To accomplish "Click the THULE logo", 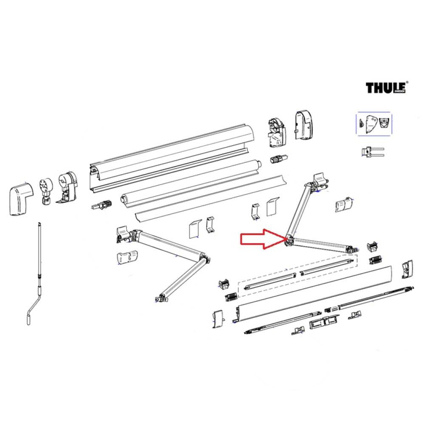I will tap(387, 88).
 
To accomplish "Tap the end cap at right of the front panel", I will tap(407, 269).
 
